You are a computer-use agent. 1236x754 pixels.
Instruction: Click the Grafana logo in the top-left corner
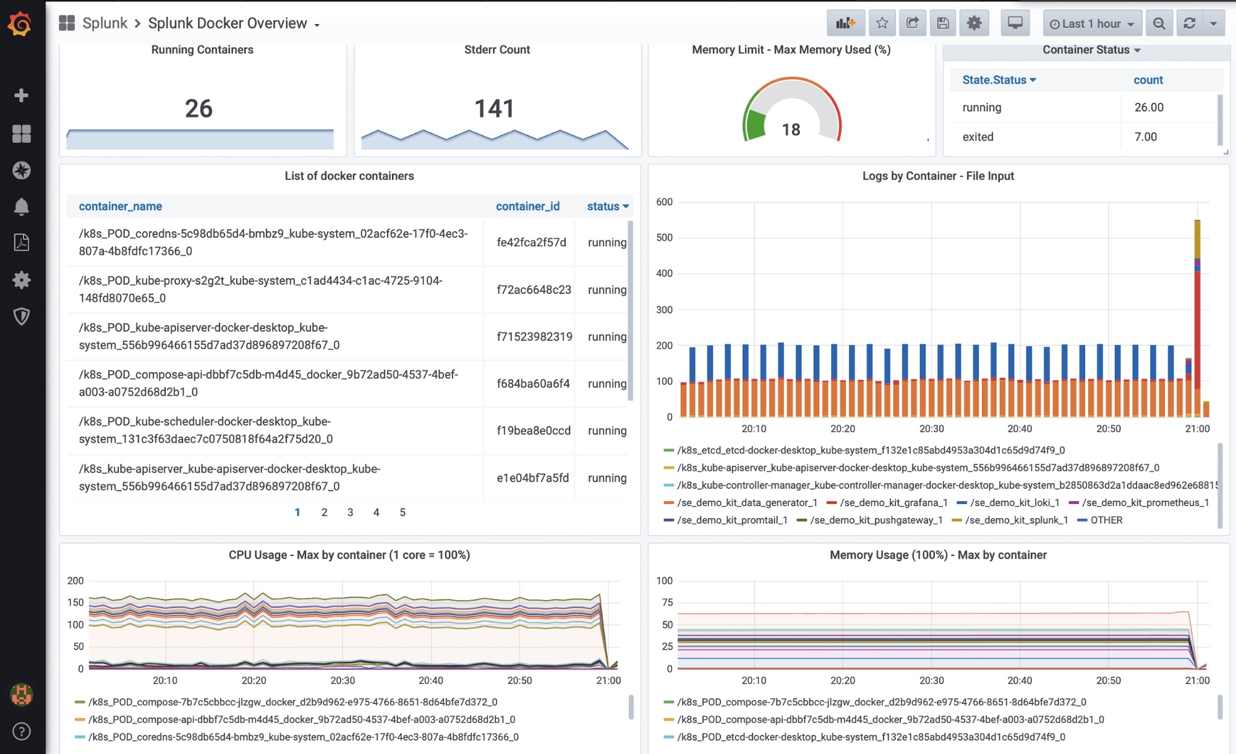pyautogui.click(x=20, y=24)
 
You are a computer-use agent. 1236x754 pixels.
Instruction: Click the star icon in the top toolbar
pyautogui.click(x=882, y=24)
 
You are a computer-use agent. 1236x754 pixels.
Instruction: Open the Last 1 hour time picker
pyautogui.click(x=1091, y=24)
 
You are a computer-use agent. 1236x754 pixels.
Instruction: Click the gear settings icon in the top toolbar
pyautogui.click(x=974, y=24)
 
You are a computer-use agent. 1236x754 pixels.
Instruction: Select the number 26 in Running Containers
pyautogui.click(x=198, y=109)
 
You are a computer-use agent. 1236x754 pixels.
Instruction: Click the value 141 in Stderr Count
pyautogui.click(x=494, y=109)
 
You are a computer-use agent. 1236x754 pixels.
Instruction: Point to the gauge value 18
pyautogui.click(x=791, y=130)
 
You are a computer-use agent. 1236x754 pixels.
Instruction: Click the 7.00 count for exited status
pyautogui.click(x=1145, y=137)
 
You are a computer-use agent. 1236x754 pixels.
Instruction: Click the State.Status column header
pyautogui.click(x=998, y=80)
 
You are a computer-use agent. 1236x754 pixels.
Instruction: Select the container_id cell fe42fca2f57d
pyautogui.click(x=531, y=242)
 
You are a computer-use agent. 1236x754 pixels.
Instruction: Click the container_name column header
pyautogui.click(x=121, y=207)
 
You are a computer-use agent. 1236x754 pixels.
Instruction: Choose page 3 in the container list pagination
pyautogui.click(x=350, y=512)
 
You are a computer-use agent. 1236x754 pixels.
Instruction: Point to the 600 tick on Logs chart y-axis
pyautogui.click(x=664, y=202)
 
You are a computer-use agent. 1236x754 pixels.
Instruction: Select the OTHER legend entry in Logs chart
pyautogui.click(x=1106, y=520)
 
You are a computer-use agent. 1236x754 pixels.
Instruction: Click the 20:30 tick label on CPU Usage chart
pyautogui.click(x=343, y=680)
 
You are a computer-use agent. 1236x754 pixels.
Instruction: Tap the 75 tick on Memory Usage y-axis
pyautogui.click(x=667, y=602)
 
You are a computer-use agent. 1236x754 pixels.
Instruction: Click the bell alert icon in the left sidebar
pyautogui.click(x=22, y=207)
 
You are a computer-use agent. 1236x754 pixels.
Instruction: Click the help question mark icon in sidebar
pyautogui.click(x=22, y=732)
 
